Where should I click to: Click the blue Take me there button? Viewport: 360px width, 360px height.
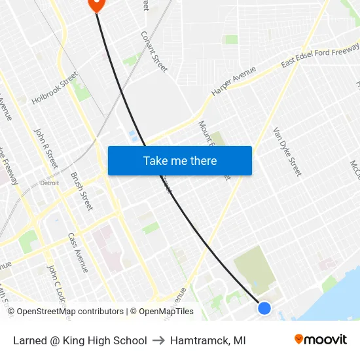(179, 160)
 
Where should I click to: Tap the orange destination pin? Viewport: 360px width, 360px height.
(96, 4)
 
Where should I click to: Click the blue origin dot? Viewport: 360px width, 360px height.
(264, 308)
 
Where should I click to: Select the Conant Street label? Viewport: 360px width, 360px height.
(154, 51)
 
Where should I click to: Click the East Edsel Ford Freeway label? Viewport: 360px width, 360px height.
(319, 56)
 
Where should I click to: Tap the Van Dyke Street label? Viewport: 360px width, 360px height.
(287, 151)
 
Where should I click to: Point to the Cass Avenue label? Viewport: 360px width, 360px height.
(77, 253)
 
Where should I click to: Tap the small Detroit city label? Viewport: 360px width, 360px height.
(49, 183)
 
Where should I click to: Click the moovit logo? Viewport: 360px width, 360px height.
(321, 340)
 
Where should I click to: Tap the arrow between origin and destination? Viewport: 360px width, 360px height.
(158, 340)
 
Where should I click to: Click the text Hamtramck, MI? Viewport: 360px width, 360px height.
(208, 340)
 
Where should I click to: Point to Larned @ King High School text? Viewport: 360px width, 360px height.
(80, 340)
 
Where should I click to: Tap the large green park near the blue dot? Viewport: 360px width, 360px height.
(255, 268)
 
